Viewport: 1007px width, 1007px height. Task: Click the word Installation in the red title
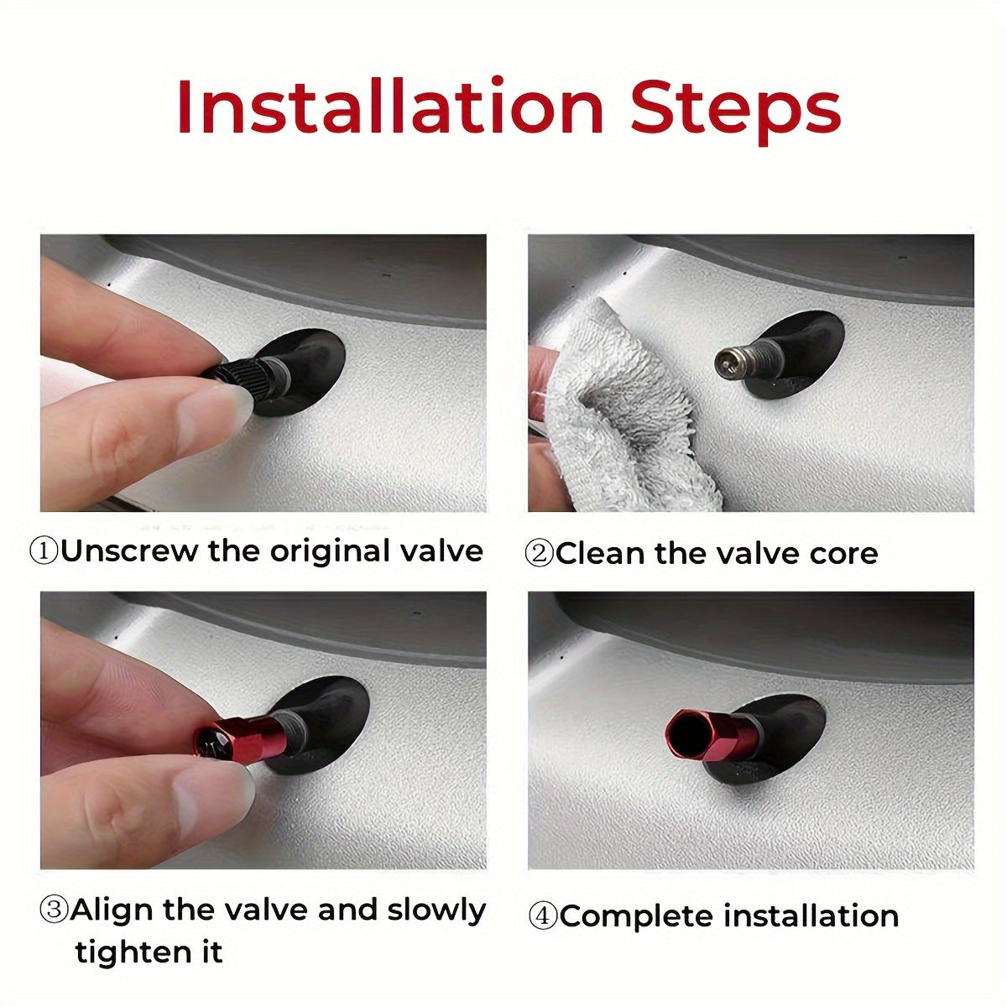pyautogui.click(x=390, y=107)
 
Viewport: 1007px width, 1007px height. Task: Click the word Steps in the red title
pyautogui.click(x=736, y=112)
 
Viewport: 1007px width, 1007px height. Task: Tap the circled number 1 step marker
pyautogui.click(x=45, y=552)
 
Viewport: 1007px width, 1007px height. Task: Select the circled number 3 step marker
pyautogui.click(x=55, y=910)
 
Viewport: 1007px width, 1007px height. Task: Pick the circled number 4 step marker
pyautogui.click(x=544, y=916)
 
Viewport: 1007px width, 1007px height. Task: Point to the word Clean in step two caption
pyautogui.click(x=599, y=553)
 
